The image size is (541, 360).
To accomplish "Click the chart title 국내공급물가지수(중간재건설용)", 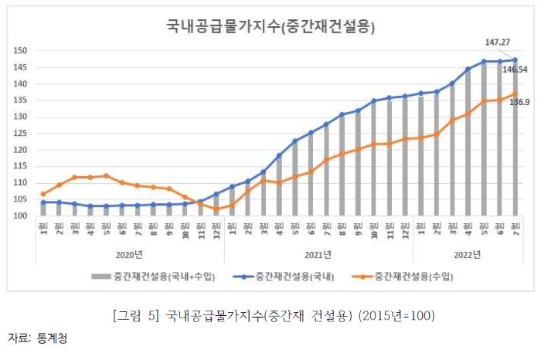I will tap(270, 27).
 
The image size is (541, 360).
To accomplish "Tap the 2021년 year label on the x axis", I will tap(318, 253).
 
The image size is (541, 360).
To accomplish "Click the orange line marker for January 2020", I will tap(43, 194).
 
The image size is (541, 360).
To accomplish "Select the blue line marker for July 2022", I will tap(515, 60).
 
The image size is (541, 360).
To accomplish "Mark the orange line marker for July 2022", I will tap(515, 94).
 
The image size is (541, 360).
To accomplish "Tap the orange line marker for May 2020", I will tap(106, 175).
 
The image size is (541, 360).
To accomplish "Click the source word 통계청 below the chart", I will tap(52, 339).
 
